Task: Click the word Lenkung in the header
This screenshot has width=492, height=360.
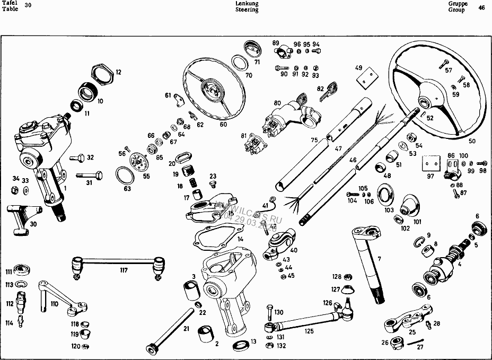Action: click(247, 3)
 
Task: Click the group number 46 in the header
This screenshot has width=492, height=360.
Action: click(481, 7)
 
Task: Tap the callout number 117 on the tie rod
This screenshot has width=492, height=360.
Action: click(124, 270)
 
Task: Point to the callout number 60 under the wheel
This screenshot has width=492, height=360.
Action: click(223, 125)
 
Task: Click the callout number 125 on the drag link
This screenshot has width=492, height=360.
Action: click(309, 331)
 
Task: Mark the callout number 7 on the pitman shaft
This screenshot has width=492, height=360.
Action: click(379, 260)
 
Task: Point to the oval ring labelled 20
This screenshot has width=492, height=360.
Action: click(182, 157)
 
